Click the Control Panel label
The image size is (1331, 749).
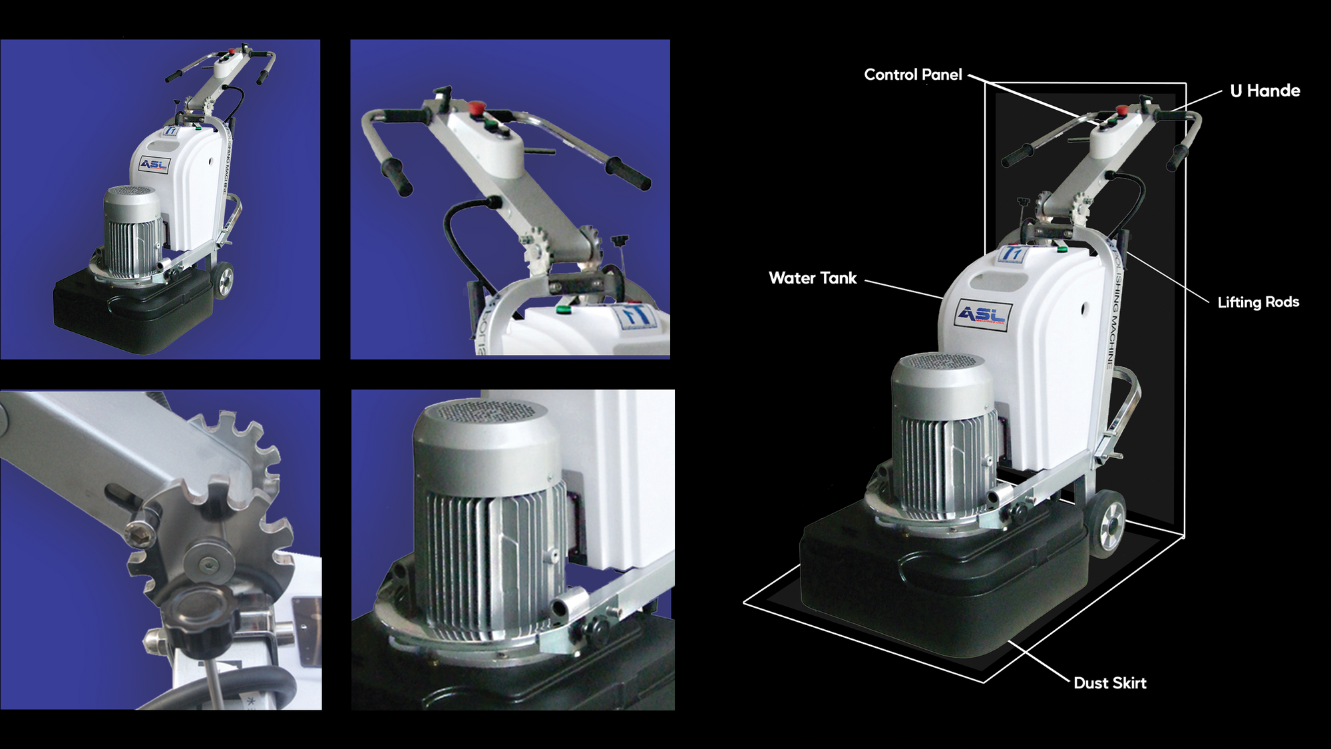(912, 75)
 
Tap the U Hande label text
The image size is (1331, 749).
(1264, 91)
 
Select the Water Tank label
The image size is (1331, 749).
(813, 278)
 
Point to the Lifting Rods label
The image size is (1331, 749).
(1258, 302)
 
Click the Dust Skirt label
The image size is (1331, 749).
(1109, 683)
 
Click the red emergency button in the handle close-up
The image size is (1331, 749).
(476, 107)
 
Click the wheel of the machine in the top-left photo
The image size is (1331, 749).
(224, 279)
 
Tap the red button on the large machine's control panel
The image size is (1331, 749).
(1121, 109)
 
